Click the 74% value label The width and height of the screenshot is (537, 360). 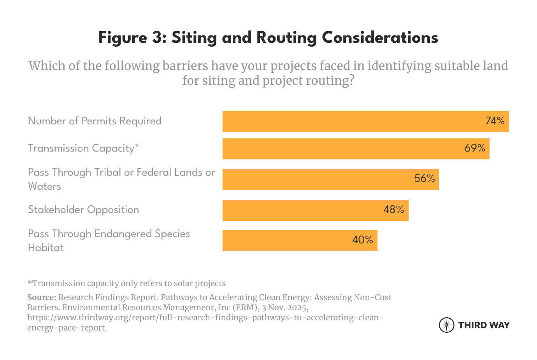tap(495, 121)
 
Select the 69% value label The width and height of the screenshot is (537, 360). tap(475, 148)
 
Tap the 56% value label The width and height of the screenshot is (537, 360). tap(425, 178)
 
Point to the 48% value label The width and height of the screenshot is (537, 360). tap(394, 210)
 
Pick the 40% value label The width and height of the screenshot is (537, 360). tap(363, 240)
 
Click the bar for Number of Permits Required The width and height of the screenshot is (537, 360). tap(350, 122)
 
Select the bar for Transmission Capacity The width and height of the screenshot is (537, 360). tap(342, 149)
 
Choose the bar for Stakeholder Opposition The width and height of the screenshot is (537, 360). tap(304, 210)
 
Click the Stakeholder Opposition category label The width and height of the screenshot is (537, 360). tap(83, 210)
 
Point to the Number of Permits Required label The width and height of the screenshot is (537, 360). tap(95, 121)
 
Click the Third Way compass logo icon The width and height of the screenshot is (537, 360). tap(446, 325)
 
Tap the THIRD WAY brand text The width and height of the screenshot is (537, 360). tap(484, 325)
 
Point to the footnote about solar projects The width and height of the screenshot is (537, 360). tap(126, 283)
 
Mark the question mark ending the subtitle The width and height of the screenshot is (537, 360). tap(352, 81)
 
